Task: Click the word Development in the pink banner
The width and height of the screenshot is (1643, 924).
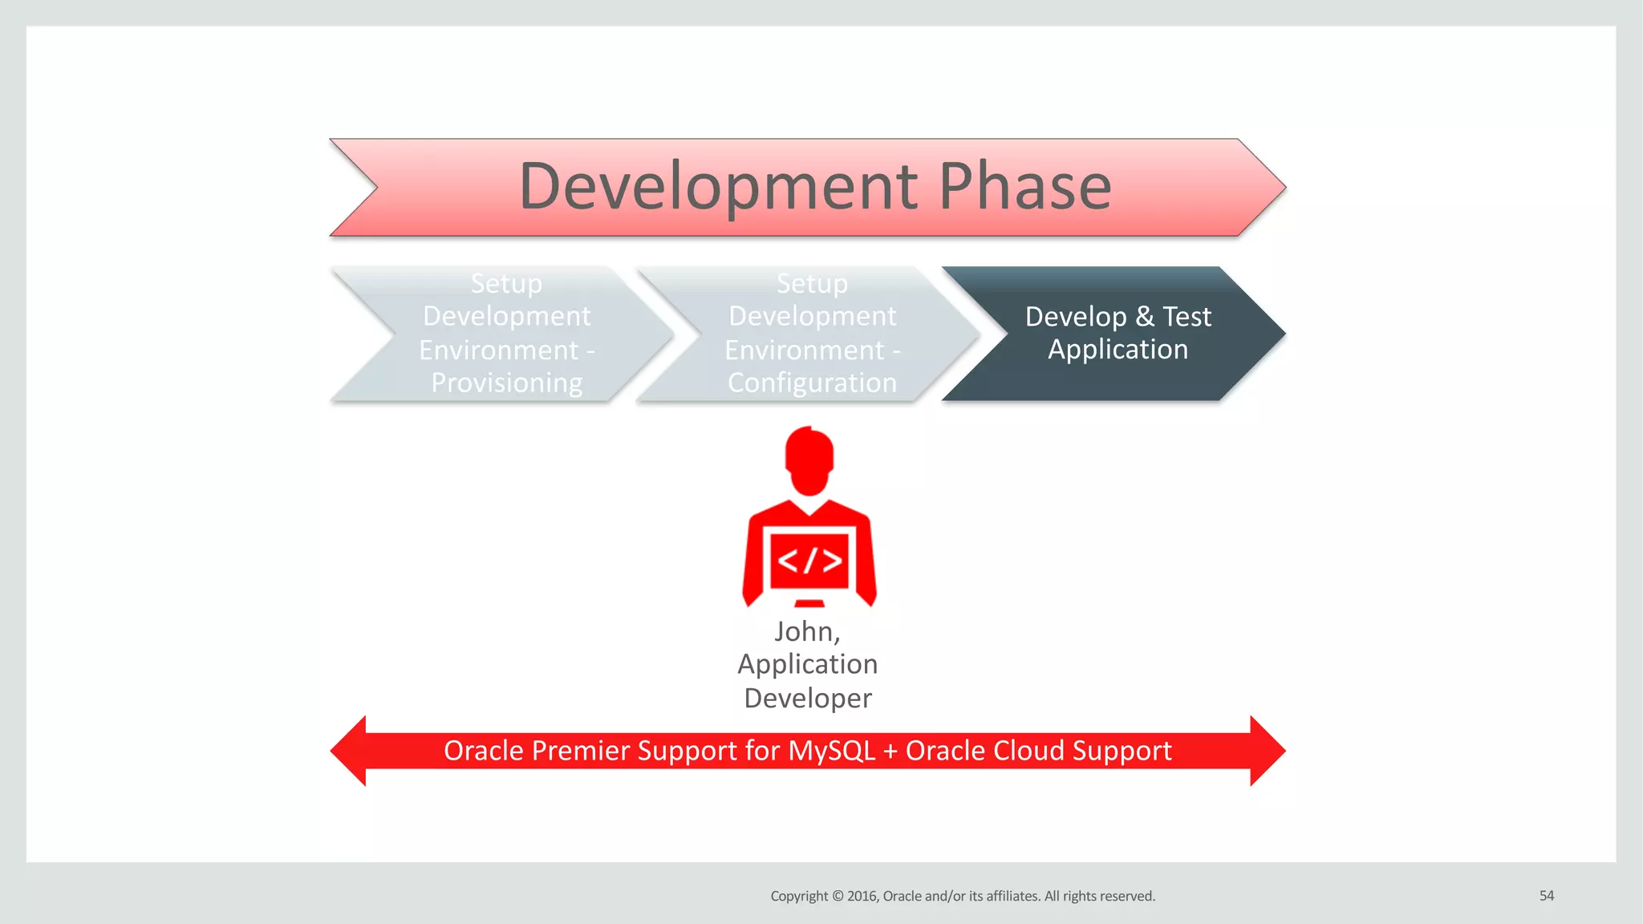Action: tap(718, 187)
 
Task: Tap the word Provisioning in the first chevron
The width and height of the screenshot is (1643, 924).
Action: tap(506, 383)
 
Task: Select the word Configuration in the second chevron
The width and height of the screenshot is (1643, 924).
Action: tap(812, 383)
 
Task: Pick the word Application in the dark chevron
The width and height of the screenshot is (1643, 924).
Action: tap(1118, 350)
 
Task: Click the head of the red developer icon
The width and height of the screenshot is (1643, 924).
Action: tap(809, 460)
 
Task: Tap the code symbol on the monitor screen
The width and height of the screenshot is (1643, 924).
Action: tap(809, 560)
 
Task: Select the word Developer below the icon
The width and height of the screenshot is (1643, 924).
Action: tap(808, 698)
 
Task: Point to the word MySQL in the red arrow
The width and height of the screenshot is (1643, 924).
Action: tap(831, 751)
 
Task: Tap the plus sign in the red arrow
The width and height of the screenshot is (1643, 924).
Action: tap(890, 752)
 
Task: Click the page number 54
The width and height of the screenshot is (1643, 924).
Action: tap(1546, 896)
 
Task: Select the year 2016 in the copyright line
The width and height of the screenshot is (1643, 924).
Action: tap(862, 896)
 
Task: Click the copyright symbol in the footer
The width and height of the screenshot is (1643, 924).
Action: tap(838, 896)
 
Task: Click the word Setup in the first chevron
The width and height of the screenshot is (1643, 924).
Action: tap(506, 283)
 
